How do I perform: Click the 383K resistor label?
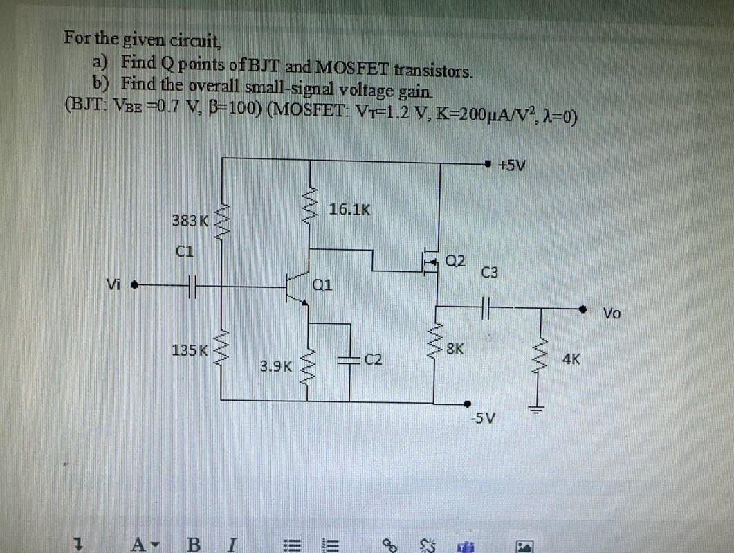(190, 221)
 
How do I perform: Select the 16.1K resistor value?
(349, 209)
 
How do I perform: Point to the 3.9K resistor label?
(276, 364)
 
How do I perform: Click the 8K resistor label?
(455, 349)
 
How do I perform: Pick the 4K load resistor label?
(571, 359)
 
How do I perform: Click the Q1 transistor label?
(323, 284)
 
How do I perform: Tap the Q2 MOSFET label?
(456, 261)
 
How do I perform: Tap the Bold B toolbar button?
(194, 538)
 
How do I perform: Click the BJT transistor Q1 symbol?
(297, 287)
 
